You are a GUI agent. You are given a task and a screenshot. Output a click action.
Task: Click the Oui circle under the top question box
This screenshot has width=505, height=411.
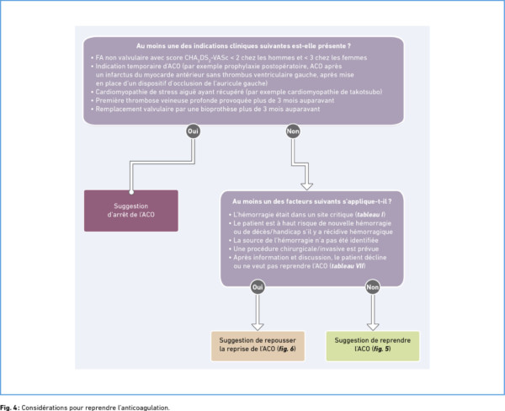193,131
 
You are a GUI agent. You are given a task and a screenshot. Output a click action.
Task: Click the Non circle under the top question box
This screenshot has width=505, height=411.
293,131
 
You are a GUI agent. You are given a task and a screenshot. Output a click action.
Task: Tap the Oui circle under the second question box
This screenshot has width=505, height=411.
258,287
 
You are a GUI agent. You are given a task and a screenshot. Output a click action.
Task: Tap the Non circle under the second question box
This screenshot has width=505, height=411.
372,287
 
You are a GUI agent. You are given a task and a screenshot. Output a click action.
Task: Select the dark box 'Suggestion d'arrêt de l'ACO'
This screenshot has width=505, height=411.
131,211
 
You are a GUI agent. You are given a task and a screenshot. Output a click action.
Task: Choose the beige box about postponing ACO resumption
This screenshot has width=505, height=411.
258,346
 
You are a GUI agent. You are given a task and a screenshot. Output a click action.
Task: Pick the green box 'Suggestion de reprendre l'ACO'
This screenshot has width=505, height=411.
373,346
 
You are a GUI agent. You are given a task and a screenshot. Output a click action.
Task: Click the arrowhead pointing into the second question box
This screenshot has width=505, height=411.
306,186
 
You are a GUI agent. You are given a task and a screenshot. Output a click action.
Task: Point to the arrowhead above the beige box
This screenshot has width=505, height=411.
258,327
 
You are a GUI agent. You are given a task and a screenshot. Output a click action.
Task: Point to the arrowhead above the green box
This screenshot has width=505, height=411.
373,327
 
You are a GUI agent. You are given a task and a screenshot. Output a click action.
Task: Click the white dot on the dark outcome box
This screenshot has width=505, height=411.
131,192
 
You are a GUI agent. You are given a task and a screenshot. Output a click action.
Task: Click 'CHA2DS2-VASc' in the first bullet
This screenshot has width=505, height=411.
206,58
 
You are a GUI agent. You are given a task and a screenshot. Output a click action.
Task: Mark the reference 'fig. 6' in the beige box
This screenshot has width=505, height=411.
287,349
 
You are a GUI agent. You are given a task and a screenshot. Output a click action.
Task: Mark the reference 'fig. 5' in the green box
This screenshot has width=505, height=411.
381,349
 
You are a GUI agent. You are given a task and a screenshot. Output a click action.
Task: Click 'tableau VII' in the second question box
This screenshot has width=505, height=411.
348,266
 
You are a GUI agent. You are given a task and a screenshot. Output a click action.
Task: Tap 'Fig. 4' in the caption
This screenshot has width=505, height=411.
9,408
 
